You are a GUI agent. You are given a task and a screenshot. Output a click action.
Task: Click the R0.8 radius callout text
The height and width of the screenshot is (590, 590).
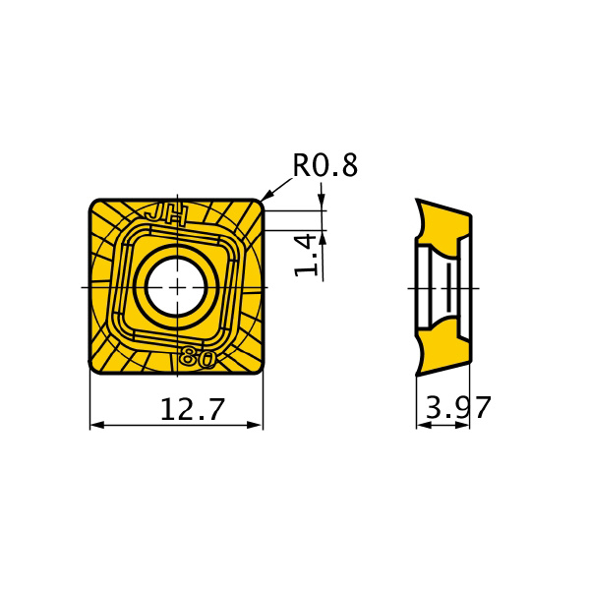pyautogui.click(x=325, y=165)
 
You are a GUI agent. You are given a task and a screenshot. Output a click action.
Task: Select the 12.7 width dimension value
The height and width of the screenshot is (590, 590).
pyautogui.click(x=193, y=409)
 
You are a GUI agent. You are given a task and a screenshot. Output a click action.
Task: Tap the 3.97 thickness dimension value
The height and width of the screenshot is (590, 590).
pyautogui.click(x=458, y=407)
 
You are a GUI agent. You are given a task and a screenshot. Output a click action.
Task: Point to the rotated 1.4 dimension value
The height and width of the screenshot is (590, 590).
pyautogui.click(x=306, y=255)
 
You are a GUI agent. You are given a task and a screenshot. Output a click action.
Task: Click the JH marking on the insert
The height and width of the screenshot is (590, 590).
pyautogui.click(x=166, y=216)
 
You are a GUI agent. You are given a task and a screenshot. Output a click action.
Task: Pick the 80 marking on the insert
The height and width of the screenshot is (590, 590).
pyautogui.click(x=198, y=356)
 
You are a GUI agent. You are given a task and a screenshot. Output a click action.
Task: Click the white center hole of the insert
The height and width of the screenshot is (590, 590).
pyautogui.click(x=176, y=287)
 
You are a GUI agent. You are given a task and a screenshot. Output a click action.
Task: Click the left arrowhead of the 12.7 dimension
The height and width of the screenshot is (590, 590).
pyautogui.click(x=97, y=425)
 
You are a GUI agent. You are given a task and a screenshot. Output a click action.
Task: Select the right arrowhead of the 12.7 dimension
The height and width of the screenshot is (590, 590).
pyautogui.click(x=255, y=425)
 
